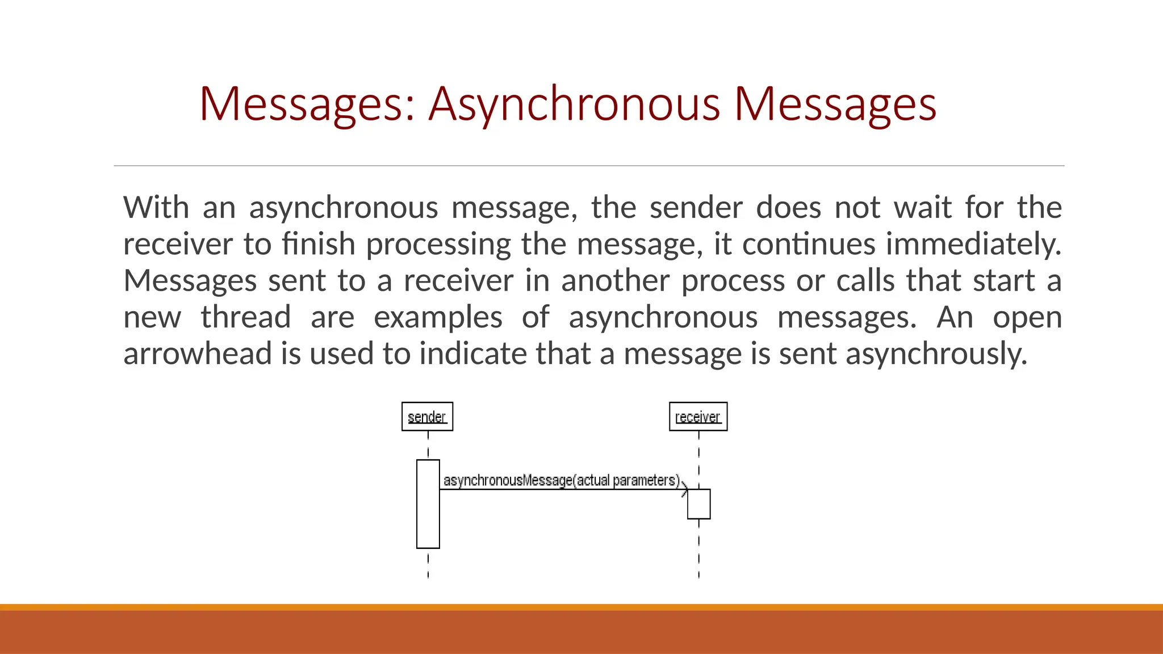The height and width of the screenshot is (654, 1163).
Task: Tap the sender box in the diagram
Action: coord(427,417)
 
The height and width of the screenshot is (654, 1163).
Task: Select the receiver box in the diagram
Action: coord(698,417)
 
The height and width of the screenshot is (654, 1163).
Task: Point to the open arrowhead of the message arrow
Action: coord(685,489)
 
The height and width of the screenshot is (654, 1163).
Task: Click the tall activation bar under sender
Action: coord(428,504)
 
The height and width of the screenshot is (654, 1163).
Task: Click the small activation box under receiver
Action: coord(698,504)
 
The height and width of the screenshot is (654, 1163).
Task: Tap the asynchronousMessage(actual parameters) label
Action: coord(561,480)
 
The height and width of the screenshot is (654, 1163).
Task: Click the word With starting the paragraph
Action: coord(156,207)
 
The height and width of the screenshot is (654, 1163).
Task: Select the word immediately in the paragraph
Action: coord(973,244)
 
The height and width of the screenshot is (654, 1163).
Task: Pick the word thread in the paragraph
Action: coord(246,317)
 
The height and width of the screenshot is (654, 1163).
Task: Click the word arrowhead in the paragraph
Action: coord(198,354)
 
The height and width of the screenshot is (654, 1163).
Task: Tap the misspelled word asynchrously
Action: coord(936,354)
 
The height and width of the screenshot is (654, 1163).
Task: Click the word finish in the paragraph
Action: coord(319,244)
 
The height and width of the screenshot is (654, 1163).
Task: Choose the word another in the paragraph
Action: coord(616,280)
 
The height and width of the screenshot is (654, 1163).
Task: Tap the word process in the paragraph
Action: coord(733,280)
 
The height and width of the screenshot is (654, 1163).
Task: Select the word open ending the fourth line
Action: coord(1027,317)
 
